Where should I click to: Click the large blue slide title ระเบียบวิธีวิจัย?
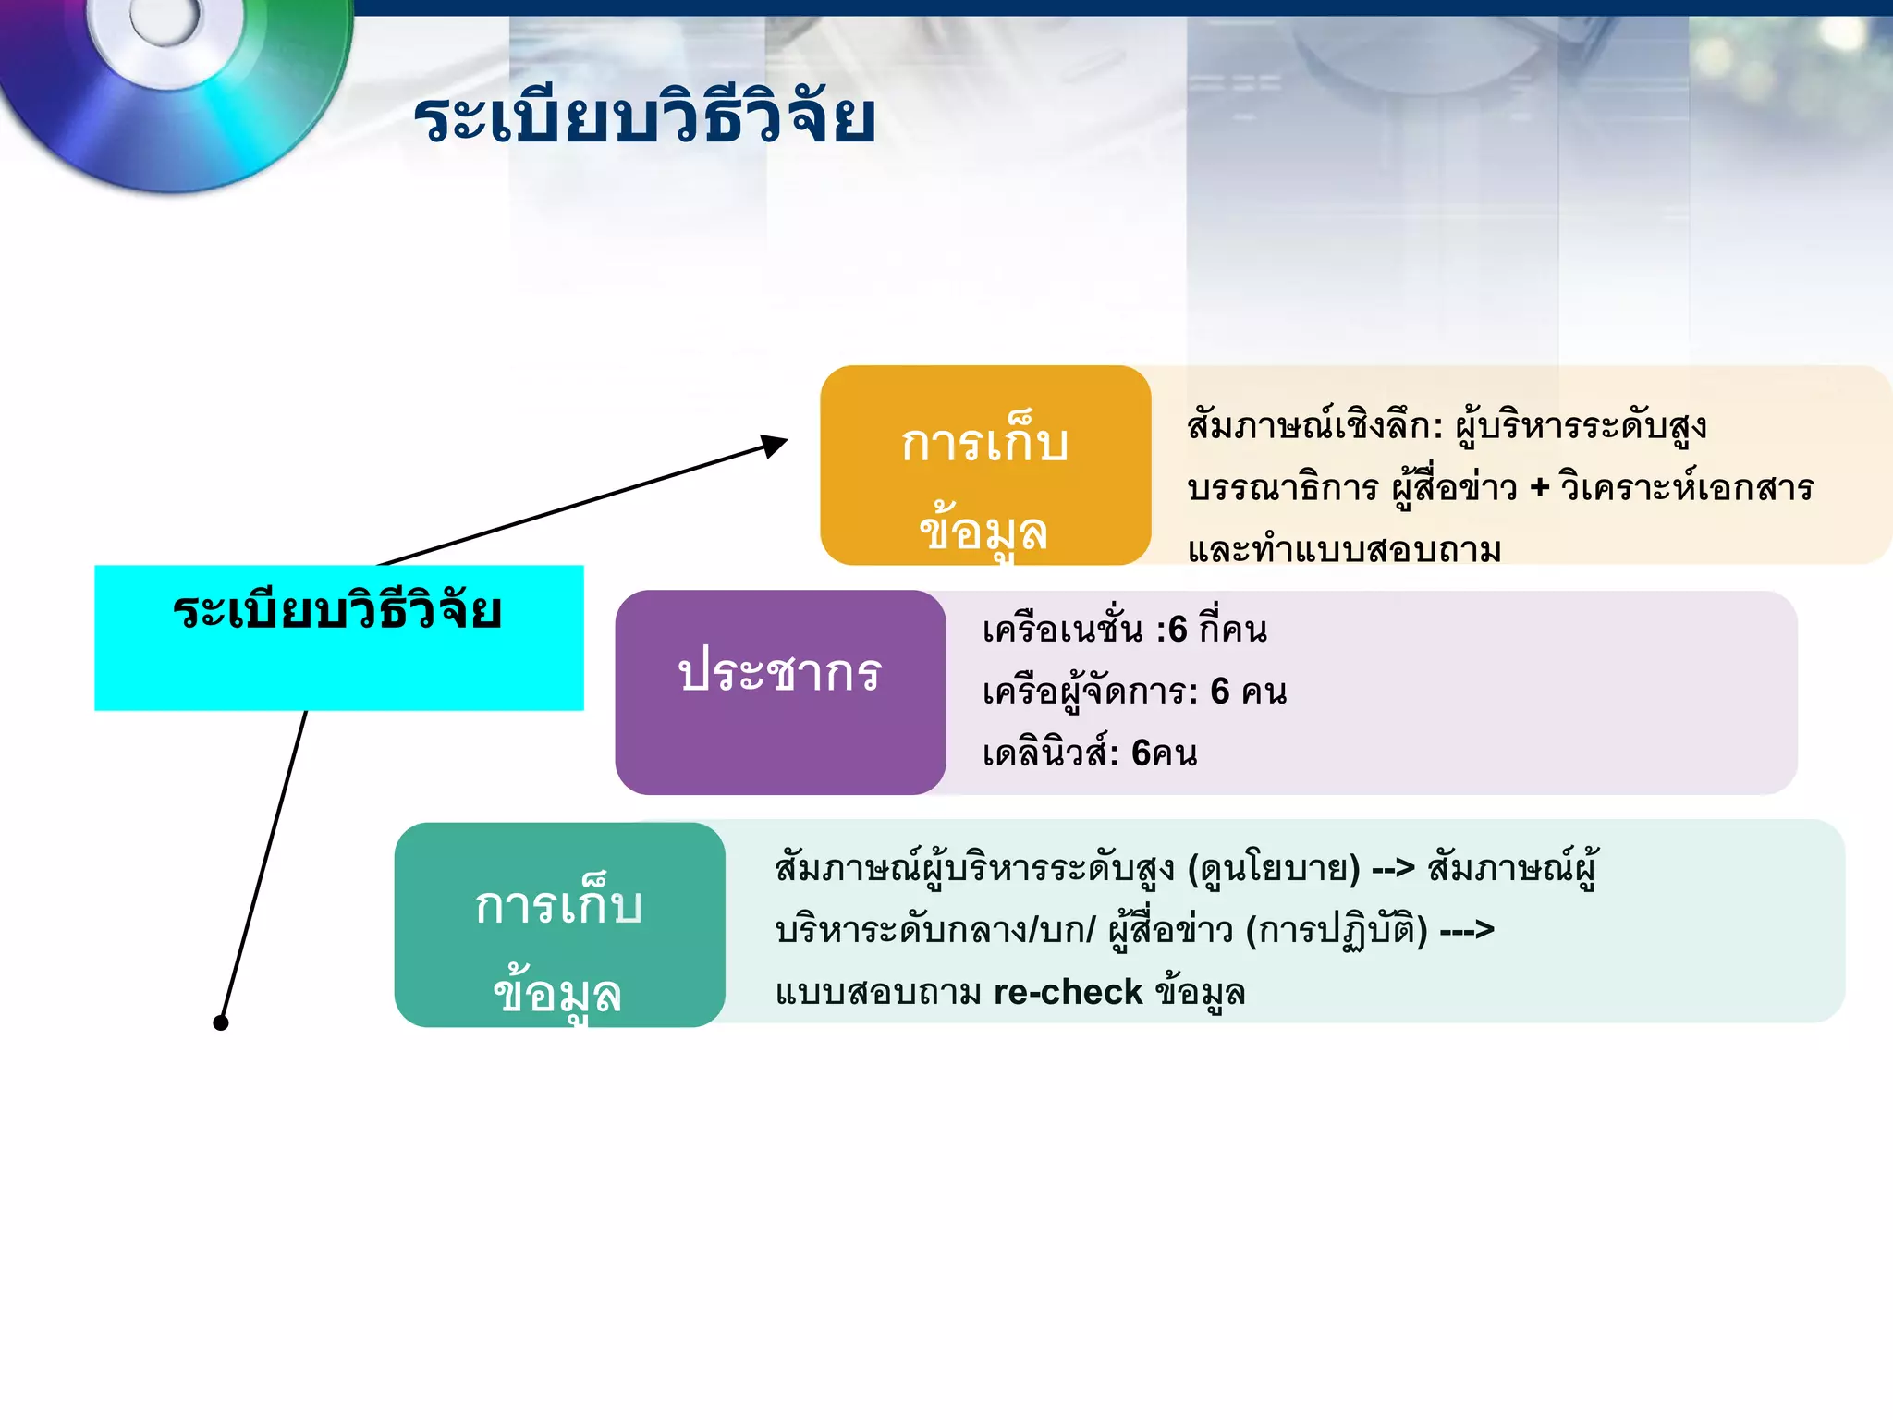644,118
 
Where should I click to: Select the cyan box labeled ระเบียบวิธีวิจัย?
338,638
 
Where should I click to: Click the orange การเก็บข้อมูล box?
985,465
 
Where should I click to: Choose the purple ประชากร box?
780,692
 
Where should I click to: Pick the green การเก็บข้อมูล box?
559,924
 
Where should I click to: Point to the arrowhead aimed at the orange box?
774,446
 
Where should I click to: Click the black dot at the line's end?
220,1022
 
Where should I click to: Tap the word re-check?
1068,992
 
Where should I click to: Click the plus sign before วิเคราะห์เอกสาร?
1539,487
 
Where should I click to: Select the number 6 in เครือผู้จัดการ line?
1220,692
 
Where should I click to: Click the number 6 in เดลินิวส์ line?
1142,753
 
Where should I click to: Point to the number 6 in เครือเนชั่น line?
1178,630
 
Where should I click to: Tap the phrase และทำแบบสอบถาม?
1344,549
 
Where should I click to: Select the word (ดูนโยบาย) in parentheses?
1274,868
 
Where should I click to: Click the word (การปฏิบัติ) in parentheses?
1337,930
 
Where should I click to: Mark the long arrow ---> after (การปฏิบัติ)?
1467,930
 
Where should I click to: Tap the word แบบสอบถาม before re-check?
878,992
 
